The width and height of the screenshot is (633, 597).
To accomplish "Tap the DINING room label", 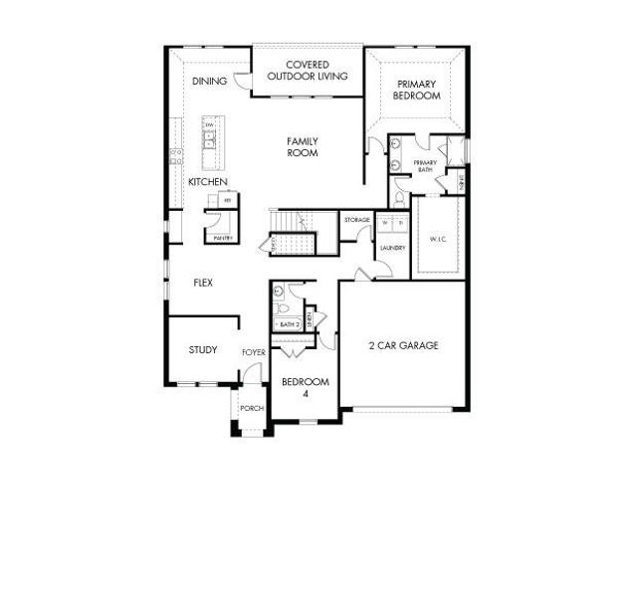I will [x=209, y=82].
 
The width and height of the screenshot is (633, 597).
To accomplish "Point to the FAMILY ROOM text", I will [x=302, y=147].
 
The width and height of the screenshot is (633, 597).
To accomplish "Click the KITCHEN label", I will [x=208, y=182].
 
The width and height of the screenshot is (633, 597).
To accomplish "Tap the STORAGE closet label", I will [x=357, y=219].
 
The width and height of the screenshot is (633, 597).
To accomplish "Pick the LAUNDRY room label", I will [x=391, y=247].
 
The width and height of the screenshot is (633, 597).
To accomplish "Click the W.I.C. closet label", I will [x=438, y=239].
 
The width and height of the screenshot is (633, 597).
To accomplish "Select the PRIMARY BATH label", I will [x=425, y=166].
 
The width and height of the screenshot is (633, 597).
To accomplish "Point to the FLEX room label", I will [x=203, y=283].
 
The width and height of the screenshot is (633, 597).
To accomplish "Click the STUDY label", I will [x=203, y=349].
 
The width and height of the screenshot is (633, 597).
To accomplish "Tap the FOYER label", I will [x=253, y=353].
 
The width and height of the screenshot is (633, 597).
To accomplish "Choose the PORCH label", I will [x=251, y=409].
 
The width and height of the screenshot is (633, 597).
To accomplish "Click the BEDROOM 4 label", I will [x=306, y=388].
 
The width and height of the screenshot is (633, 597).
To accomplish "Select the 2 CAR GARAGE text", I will [x=403, y=346].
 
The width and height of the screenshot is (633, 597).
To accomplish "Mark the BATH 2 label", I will [x=289, y=324].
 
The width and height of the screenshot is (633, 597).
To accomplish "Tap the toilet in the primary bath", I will [x=398, y=199].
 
